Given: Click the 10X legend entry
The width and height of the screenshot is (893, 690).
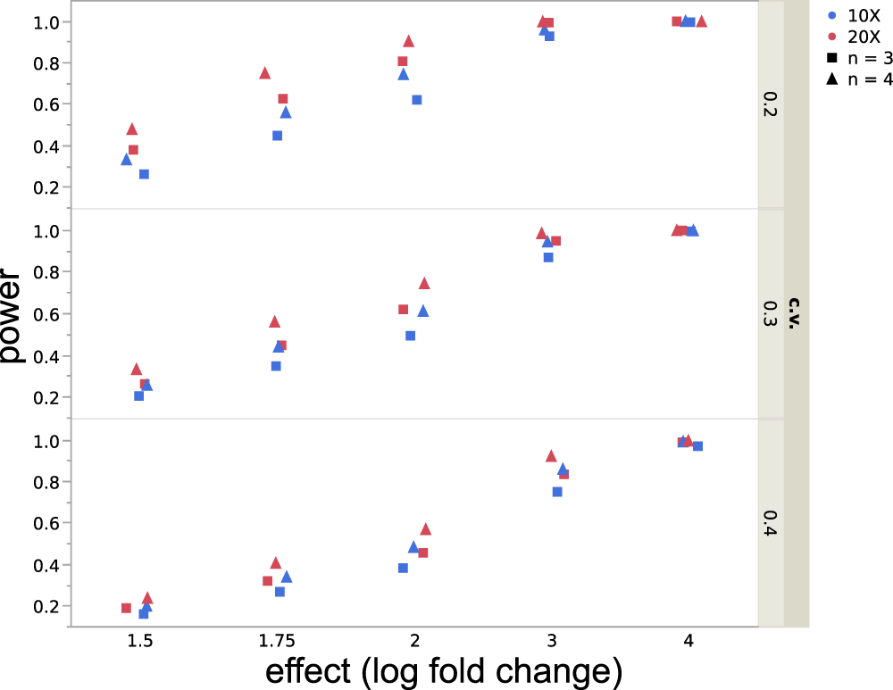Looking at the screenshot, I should (x=858, y=15).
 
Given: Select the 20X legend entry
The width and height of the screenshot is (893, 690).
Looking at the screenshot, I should (x=858, y=37).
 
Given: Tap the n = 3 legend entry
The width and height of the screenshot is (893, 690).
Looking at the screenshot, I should (x=858, y=58).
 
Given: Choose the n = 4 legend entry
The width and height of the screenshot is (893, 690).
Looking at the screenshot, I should (x=858, y=79).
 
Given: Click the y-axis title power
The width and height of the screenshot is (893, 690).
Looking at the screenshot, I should (x=15, y=315).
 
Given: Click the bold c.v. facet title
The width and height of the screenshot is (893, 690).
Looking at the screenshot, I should (x=796, y=314).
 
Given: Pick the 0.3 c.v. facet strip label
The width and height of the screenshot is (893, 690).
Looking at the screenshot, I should (x=771, y=314).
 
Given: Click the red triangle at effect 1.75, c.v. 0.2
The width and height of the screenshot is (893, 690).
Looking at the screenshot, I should (x=264, y=73).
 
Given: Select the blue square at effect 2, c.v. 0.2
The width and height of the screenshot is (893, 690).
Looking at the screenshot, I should (x=416, y=100).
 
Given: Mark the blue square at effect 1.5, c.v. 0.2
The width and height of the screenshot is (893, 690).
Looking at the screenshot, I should (x=144, y=174).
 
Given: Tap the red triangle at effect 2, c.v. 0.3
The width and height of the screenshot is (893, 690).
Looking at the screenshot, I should (x=424, y=283).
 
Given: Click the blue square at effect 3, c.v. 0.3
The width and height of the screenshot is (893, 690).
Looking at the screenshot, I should (x=548, y=257).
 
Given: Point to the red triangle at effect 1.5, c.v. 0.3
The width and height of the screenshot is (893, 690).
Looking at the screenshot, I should (x=137, y=369).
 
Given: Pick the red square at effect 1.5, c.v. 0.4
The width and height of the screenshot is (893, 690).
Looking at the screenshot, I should (x=126, y=608).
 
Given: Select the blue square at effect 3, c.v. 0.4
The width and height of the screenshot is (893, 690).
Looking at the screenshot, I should (x=557, y=492).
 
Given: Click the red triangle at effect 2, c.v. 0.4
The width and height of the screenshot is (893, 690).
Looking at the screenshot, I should (x=426, y=528).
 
